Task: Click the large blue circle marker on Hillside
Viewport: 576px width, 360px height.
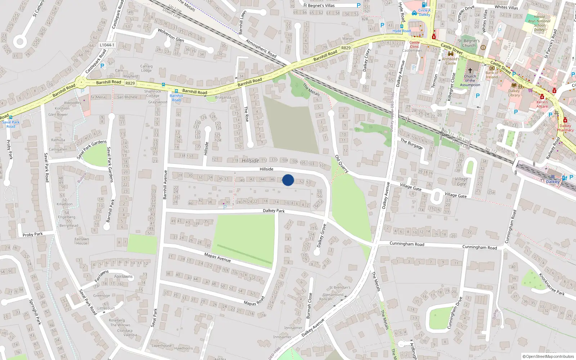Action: pyautogui.click(x=288, y=180)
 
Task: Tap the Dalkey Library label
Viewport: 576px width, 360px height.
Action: pyautogui.click(x=514, y=93)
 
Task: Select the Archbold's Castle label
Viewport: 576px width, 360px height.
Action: pyautogui.click(x=451, y=61)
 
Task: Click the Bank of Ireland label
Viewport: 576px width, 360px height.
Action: pyautogui.click(x=492, y=75)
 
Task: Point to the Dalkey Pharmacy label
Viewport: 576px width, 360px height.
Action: pyautogui.click(x=565, y=128)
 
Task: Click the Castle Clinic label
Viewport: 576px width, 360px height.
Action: pyautogui.click(x=414, y=44)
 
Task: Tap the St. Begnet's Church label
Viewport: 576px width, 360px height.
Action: pyautogui.click(x=469, y=43)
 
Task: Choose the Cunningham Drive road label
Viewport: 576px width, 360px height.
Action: pyautogui.click(x=454, y=313)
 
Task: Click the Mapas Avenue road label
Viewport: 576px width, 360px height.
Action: pyautogui.click(x=217, y=257)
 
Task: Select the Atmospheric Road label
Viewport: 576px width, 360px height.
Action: pyautogui.click(x=261, y=48)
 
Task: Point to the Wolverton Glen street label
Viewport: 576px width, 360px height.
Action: pyautogui.click(x=171, y=35)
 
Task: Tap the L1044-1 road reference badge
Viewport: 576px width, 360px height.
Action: pyautogui.click(x=107, y=45)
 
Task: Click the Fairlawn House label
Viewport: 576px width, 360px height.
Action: pyautogui.click(x=82, y=241)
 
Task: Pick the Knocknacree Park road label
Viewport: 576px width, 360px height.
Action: pyautogui.click(x=552, y=284)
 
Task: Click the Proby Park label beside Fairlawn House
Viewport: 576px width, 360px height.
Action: pyautogui.click(x=32, y=234)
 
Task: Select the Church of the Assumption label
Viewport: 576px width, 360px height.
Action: pyautogui.click(x=470, y=81)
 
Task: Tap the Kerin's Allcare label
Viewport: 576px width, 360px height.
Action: pyautogui.click(x=542, y=104)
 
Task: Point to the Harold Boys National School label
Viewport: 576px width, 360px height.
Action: pyautogui.click(x=539, y=23)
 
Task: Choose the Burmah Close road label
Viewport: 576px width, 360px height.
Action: pyautogui.click(x=309, y=305)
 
